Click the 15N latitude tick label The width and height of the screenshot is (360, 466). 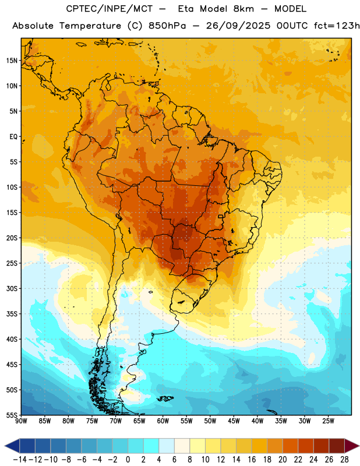(x=12, y=61)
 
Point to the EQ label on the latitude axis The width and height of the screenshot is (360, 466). (x=13, y=137)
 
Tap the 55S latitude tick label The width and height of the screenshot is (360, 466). (x=12, y=415)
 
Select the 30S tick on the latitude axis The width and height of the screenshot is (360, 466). (x=12, y=288)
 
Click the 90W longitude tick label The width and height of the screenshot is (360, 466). (x=21, y=421)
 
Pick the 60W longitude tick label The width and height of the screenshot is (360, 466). (x=163, y=421)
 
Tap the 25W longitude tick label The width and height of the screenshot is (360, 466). (x=328, y=421)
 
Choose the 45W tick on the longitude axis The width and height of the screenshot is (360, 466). (x=234, y=421)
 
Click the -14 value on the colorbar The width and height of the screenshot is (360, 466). (x=20, y=460)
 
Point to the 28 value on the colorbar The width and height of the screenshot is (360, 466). (x=344, y=460)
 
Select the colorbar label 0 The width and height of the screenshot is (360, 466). (x=128, y=460)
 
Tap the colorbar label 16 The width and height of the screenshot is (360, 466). (x=252, y=460)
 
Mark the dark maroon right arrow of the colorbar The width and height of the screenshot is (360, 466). (x=351, y=446)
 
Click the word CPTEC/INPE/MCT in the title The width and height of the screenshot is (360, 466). (x=110, y=9)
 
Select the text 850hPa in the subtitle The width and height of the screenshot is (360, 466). (x=167, y=26)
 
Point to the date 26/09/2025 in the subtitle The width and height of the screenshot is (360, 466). (x=238, y=26)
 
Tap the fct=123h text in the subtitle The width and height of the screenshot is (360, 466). (x=337, y=26)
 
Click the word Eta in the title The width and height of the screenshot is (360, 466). (x=186, y=9)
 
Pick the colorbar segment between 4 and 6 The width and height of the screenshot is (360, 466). (x=167, y=446)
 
